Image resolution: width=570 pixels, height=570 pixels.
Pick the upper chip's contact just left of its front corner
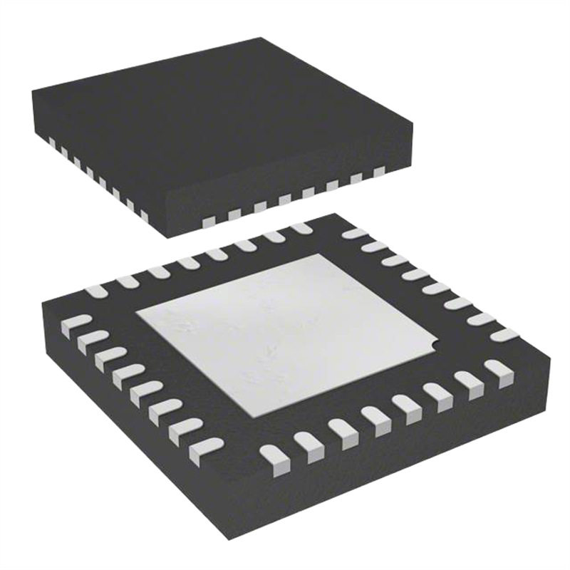tap(143, 214)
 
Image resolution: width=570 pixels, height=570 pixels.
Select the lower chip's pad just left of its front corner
tap(206, 447)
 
